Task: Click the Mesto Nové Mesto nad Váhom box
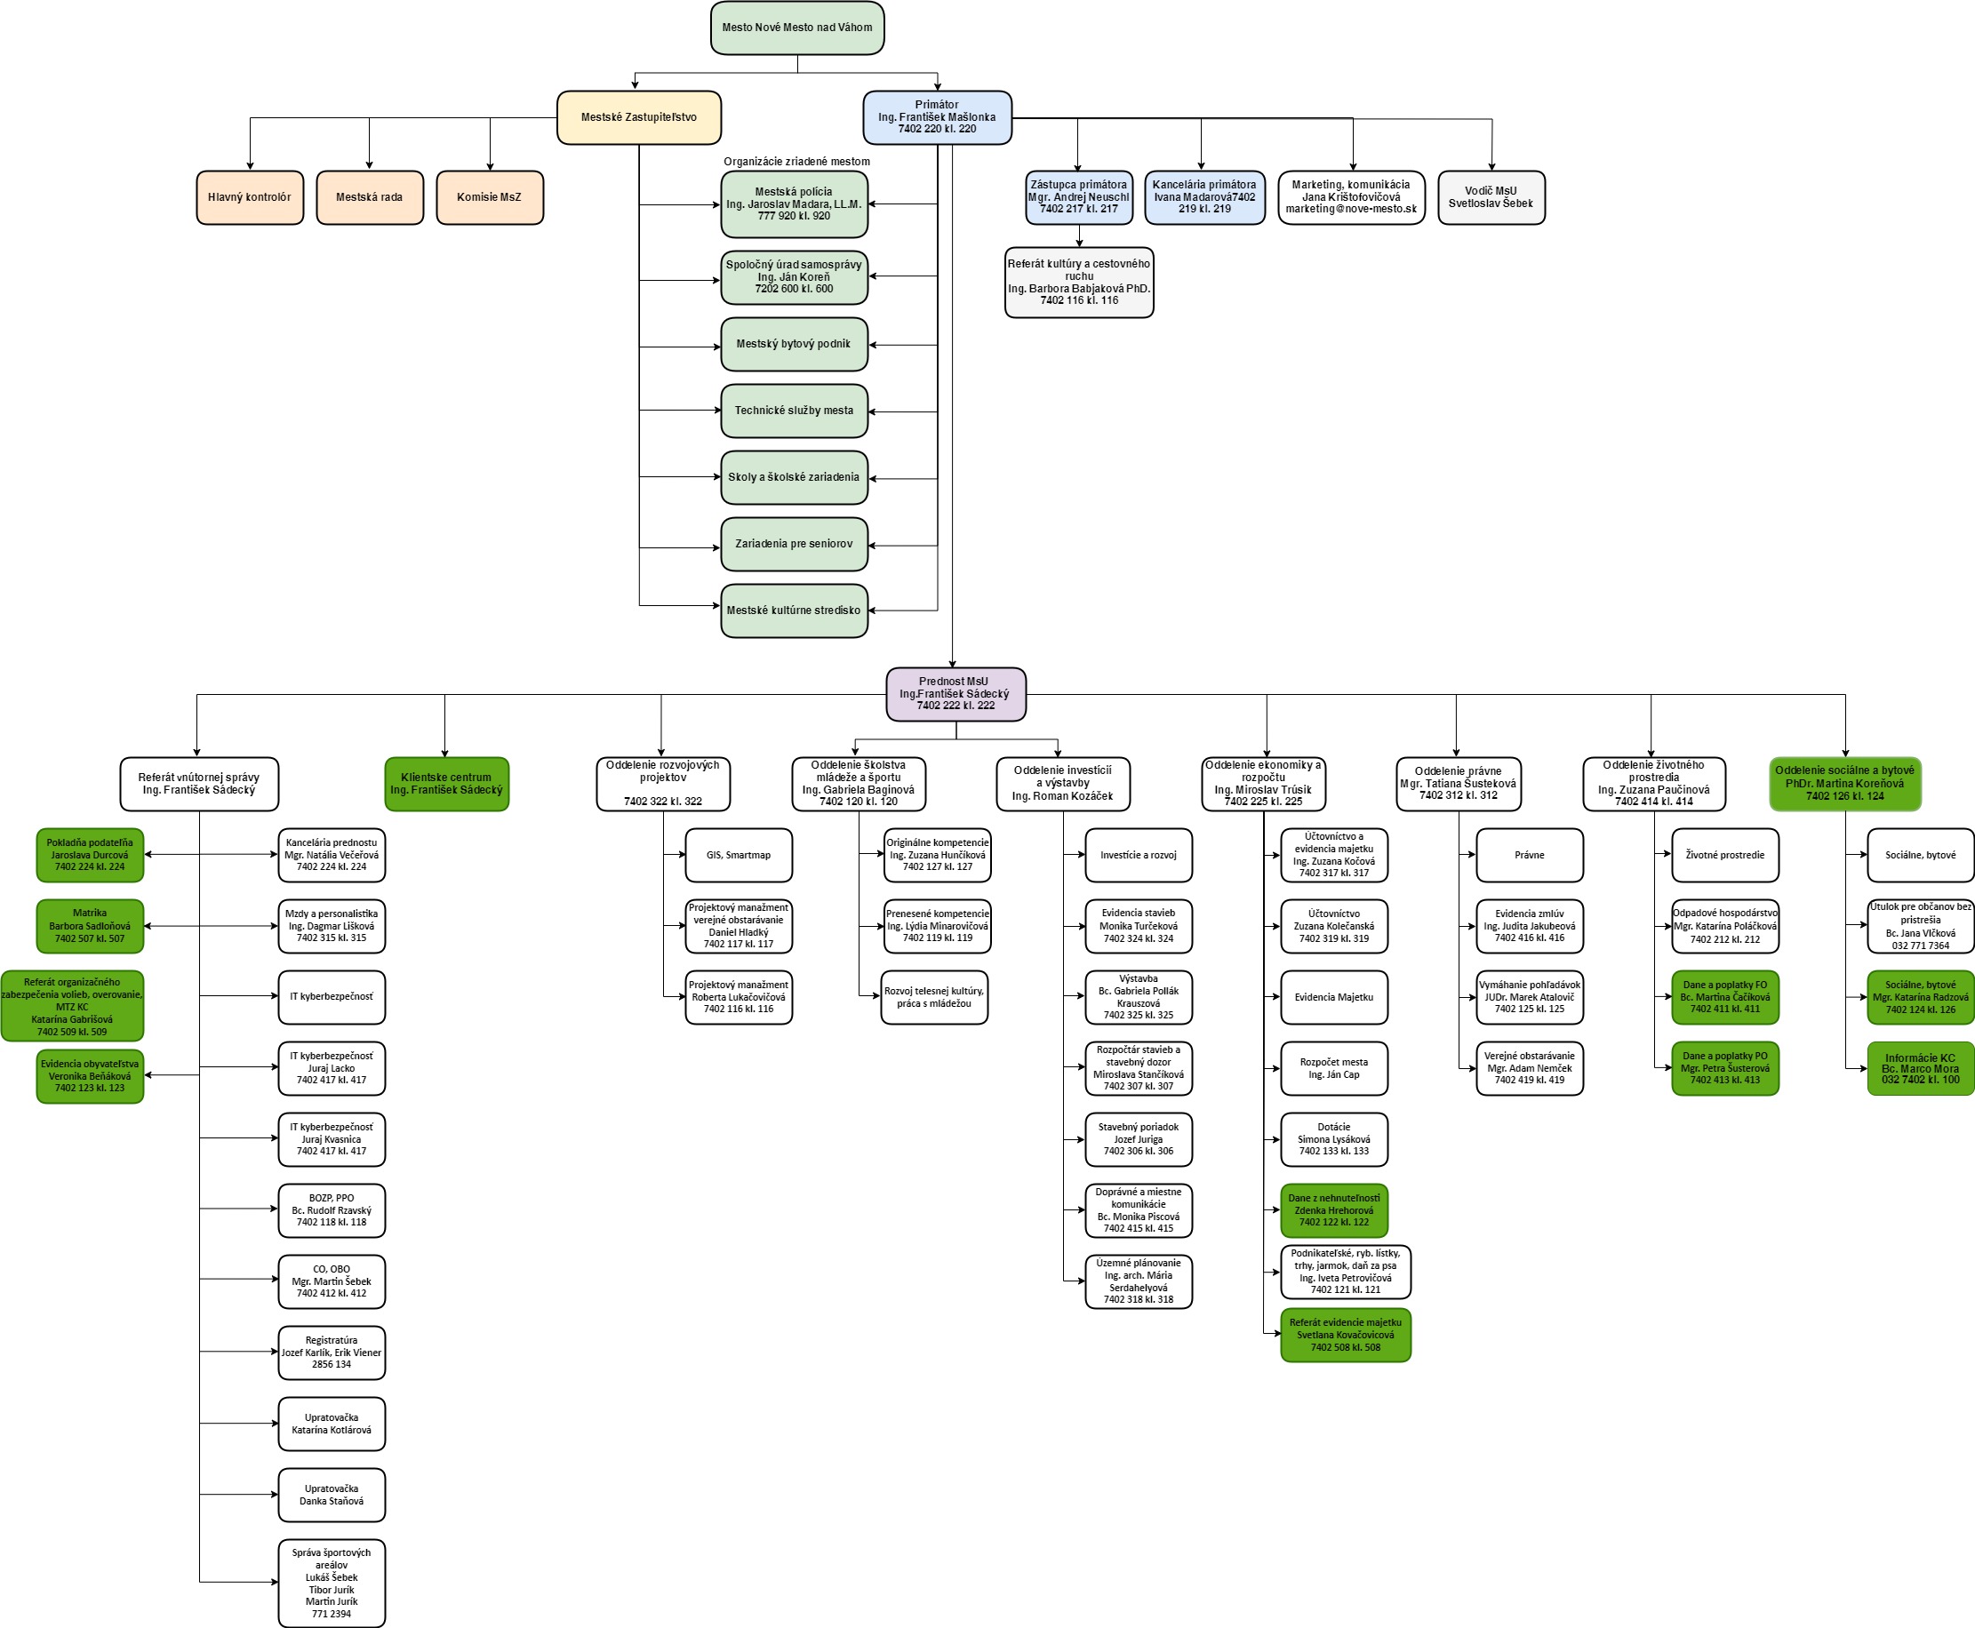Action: (x=797, y=28)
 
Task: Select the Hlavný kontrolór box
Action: (x=250, y=197)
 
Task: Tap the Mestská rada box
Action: (x=370, y=197)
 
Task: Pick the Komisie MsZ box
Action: (x=490, y=197)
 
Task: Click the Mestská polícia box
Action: (x=795, y=203)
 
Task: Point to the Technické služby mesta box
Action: (x=795, y=411)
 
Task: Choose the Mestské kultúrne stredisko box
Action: (x=795, y=610)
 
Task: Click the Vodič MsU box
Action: (x=1491, y=197)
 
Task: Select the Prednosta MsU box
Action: (x=956, y=694)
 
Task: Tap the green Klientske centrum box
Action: (x=446, y=784)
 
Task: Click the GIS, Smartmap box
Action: (x=739, y=855)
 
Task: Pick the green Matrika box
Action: (x=90, y=927)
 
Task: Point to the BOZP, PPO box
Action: (x=332, y=1210)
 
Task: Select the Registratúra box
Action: (x=332, y=1353)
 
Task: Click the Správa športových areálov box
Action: (x=332, y=1583)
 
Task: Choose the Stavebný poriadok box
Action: (x=1139, y=1139)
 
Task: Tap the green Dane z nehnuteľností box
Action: (x=1334, y=1210)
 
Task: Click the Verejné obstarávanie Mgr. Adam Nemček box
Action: (x=1530, y=1068)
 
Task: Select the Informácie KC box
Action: (x=1921, y=1068)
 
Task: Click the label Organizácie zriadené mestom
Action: (x=796, y=162)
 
